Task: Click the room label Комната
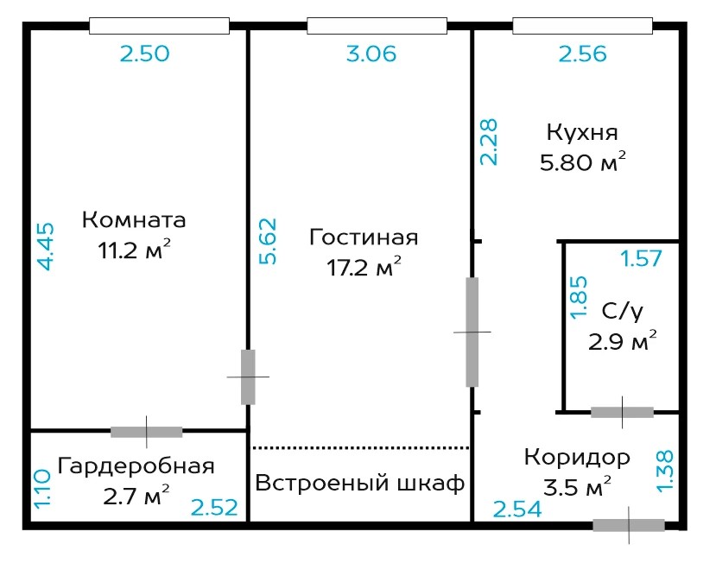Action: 134,220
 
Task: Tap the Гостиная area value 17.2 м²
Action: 364,267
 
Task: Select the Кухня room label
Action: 582,133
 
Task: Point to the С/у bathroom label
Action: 623,313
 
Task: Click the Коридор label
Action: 577,458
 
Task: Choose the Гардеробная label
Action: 136,467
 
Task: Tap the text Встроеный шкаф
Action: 360,483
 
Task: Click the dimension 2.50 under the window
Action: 145,54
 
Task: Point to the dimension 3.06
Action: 371,54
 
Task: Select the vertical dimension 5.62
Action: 268,242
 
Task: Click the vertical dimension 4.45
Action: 45,246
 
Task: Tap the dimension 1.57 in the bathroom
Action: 641,259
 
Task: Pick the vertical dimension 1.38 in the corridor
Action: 665,472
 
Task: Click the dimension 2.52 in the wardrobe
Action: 214,508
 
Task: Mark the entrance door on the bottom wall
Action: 629,525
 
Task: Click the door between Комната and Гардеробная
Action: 147,432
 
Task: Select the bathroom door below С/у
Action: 622,412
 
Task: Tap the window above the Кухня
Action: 582,26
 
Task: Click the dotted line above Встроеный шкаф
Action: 361,448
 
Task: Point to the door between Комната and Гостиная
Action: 248,377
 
